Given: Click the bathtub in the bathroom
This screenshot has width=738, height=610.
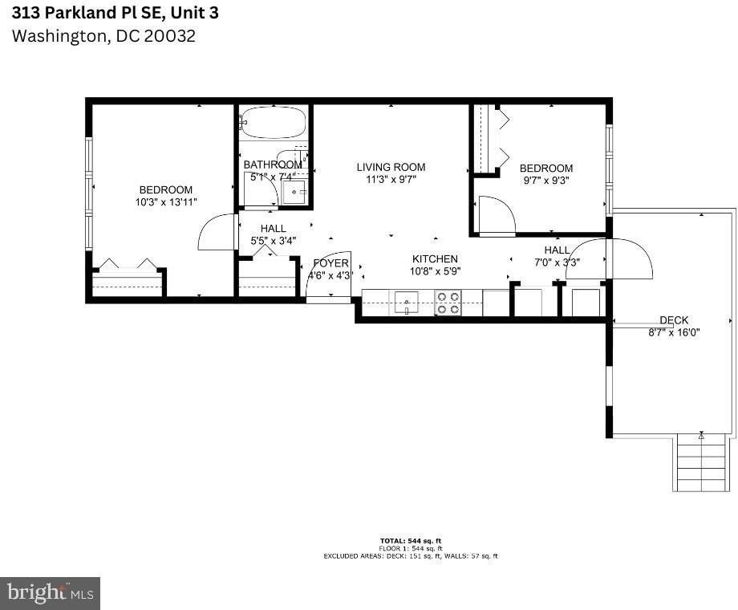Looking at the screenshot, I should click(x=274, y=124).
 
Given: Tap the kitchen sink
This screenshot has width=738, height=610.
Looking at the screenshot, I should click(x=406, y=303).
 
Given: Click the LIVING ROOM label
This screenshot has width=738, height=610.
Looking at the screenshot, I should click(x=391, y=167).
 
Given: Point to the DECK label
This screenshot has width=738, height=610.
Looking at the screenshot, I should click(x=673, y=320).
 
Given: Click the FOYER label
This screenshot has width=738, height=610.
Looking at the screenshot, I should click(x=330, y=263).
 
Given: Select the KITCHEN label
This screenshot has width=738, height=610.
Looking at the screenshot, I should click(x=435, y=258).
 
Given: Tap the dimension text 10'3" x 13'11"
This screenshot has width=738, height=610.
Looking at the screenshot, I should click(x=166, y=203).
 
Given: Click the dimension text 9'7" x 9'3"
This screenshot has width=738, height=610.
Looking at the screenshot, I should click(x=546, y=181).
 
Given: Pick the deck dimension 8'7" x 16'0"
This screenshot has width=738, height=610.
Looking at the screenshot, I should click(x=674, y=331).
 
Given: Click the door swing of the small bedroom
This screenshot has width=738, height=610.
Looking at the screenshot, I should click(x=496, y=215).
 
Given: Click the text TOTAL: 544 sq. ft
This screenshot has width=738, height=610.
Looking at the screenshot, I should click(x=410, y=540).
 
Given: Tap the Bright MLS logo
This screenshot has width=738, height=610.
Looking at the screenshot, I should click(x=50, y=594).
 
